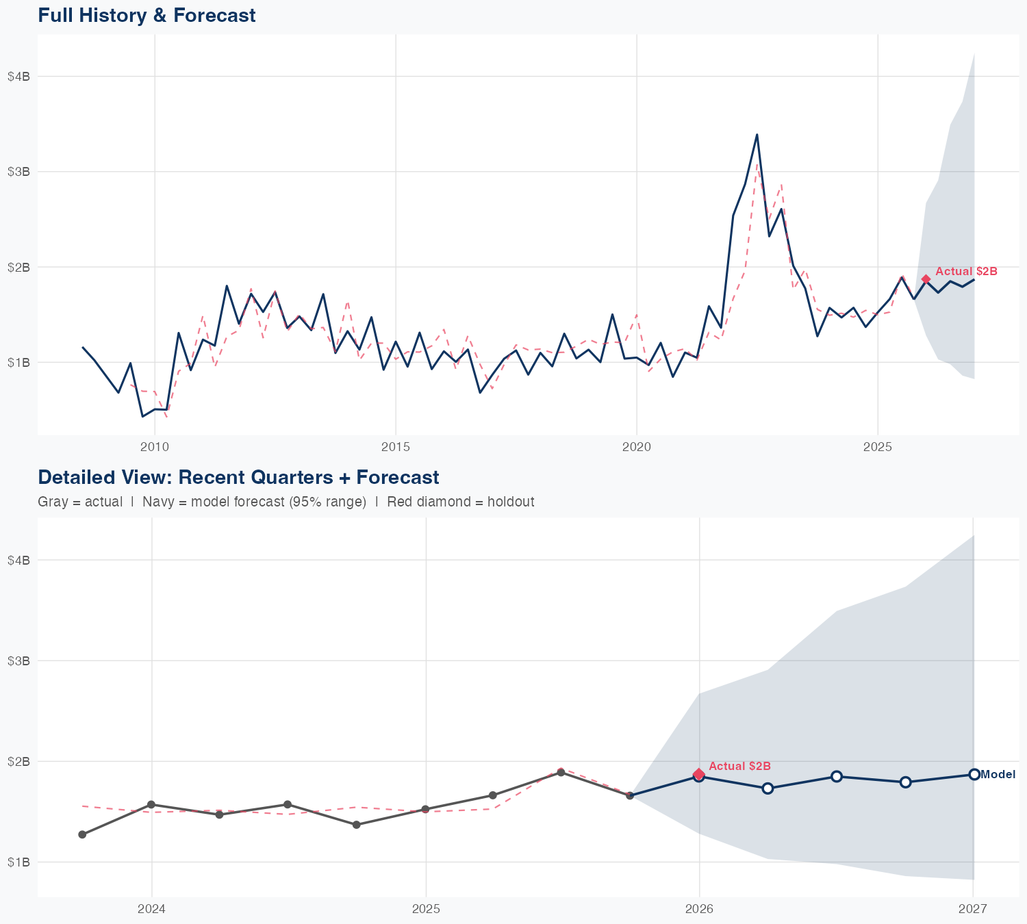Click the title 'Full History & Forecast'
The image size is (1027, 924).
(x=147, y=15)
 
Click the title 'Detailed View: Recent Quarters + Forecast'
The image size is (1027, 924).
(x=238, y=477)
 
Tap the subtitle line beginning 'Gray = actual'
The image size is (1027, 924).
(x=286, y=502)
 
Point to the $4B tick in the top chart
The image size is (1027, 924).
(x=18, y=76)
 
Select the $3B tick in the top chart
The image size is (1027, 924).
(x=18, y=171)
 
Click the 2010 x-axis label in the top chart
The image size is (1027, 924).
(x=154, y=448)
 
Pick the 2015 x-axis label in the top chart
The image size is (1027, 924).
(x=395, y=448)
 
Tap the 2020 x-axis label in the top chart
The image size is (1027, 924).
(x=637, y=448)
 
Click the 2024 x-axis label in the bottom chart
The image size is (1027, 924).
(x=151, y=909)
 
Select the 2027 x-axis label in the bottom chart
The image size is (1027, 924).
(x=973, y=909)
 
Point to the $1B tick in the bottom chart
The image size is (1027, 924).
(x=18, y=862)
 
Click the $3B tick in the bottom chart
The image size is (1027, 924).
(x=18, y=660)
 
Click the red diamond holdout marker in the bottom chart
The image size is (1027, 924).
(x=699, y=774)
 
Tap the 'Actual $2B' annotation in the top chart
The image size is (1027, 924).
(x=966, y=271)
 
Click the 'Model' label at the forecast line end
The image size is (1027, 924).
(x=998, y=775)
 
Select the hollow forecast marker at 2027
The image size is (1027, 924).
(x=974, y=774)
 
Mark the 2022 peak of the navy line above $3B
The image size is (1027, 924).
(x=757, y=134)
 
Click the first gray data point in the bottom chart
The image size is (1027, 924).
(x=82, y=834)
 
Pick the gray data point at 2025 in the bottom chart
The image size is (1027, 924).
(x=425, y=809)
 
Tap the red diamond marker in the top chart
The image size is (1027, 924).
(x=926, y=279)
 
